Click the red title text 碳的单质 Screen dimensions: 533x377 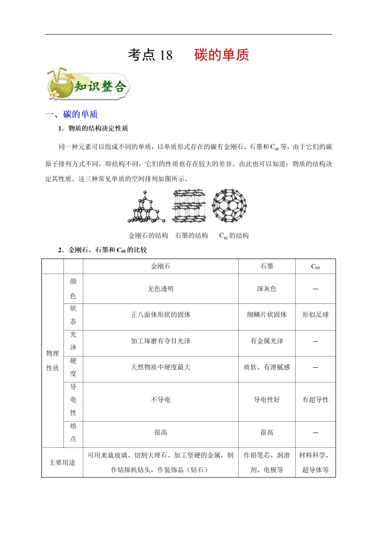[221, 55]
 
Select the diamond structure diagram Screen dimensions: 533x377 [147, 208]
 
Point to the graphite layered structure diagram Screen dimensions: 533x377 [189, 208]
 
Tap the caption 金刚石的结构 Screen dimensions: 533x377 [148, 236]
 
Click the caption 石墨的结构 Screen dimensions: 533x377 [192, 236]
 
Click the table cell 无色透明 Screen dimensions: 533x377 [160, 289]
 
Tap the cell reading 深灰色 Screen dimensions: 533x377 [267, 289]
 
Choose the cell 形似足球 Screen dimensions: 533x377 [315, 315]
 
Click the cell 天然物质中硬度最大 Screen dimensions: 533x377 [160, 368]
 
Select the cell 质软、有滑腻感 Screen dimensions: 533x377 [267, 368]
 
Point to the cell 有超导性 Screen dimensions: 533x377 [315, 400]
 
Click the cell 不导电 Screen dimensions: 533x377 [160, 400]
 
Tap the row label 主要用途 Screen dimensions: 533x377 [62, 462]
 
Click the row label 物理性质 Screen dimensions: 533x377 [52, 361]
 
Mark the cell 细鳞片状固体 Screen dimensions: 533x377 [267, 315]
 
